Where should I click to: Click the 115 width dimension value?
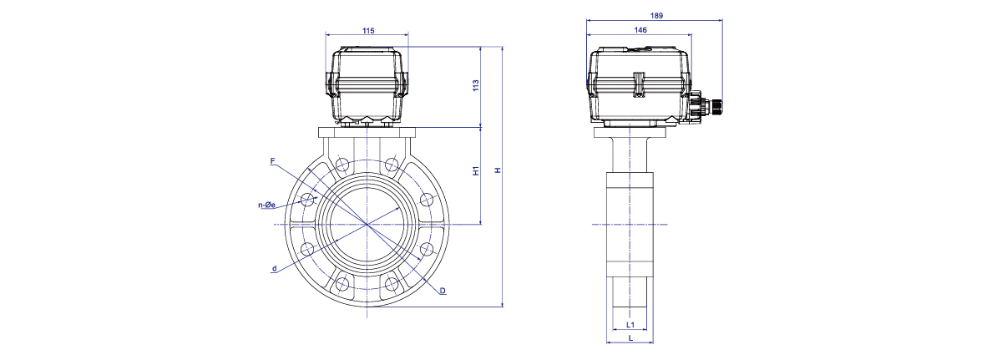click(368, 31)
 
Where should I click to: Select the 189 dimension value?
click(656, 16)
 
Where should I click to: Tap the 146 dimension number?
click(640, 30)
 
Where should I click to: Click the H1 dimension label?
click(476, 170)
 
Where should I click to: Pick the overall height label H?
click(498, 170)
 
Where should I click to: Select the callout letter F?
click(273, 161)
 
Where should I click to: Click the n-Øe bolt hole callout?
click(266, 205)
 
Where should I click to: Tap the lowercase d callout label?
click(274, 269)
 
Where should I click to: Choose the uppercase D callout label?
click(443, 291)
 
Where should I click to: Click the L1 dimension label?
click(630, 325)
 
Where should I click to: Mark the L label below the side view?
click(630, 338)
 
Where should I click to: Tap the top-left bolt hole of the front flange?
click(342, 164)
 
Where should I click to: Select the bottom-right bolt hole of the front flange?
click(392, 283)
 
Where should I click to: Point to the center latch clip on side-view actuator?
click(640, 84)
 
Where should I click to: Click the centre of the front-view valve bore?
click(367, 224)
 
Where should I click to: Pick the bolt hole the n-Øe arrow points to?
click(307, 200)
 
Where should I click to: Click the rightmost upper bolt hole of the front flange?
click(427, 200)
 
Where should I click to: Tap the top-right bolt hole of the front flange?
click(392, 164)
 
